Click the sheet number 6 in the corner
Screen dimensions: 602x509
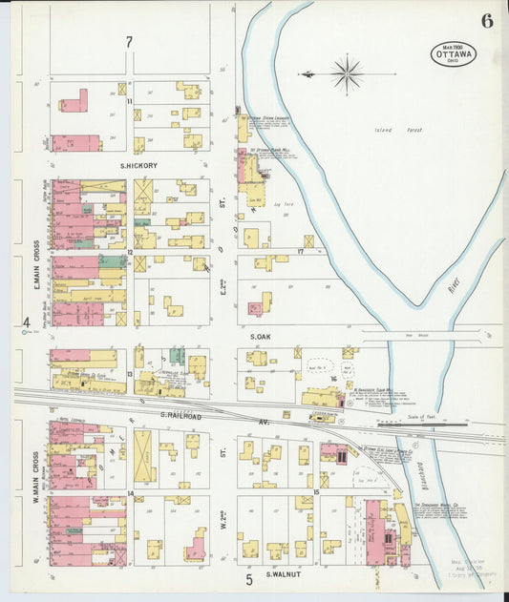click(x=487, y=21)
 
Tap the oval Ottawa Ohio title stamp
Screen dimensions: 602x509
click(x=451, y=53)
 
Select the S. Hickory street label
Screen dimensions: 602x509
click(x=138, y=165)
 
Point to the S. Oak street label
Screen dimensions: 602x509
click(x=262, y=337)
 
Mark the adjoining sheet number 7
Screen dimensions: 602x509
click(x=129, y=42)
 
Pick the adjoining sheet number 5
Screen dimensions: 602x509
click(x=247, y=578)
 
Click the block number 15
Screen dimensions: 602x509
click(x=315, y=492)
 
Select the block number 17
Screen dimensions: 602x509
click(x=299, y=252)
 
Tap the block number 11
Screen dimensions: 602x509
click(x=129, y=100)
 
